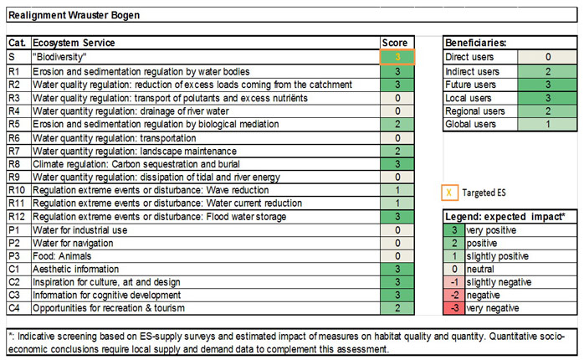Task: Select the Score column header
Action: (394, 43)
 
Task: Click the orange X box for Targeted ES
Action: (451, 192)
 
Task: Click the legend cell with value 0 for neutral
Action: (452, 270)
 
